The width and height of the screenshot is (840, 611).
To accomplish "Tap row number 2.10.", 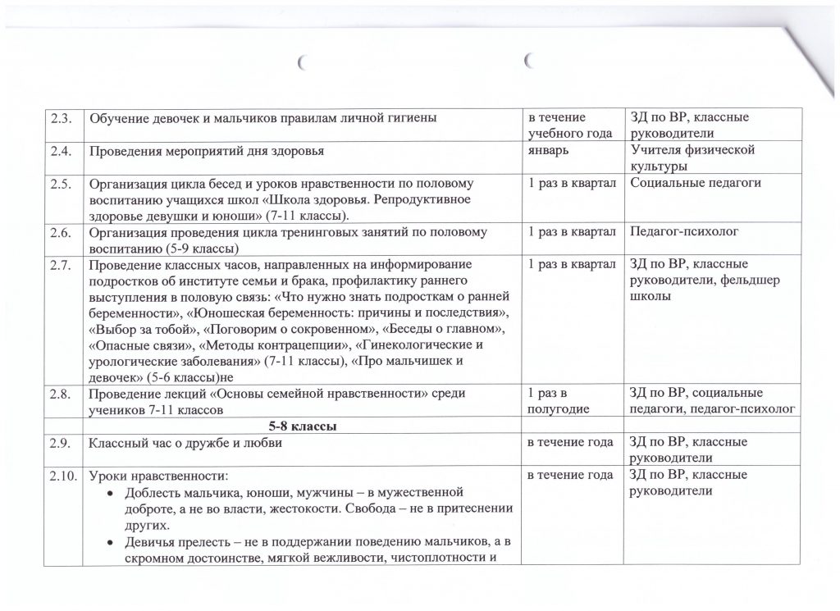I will pyautogui.click(x=63, y=475).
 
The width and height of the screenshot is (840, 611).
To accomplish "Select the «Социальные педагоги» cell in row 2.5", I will pyautogui.click(x=696, y=182).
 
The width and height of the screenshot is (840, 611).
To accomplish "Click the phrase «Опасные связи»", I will pyautogui.click(x=139, y=344).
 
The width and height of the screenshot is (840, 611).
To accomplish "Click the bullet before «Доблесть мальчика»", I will pyautogui.click(x=112, y=492).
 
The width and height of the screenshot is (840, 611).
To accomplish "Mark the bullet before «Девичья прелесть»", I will pyautogui.click(x=112, y=543).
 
